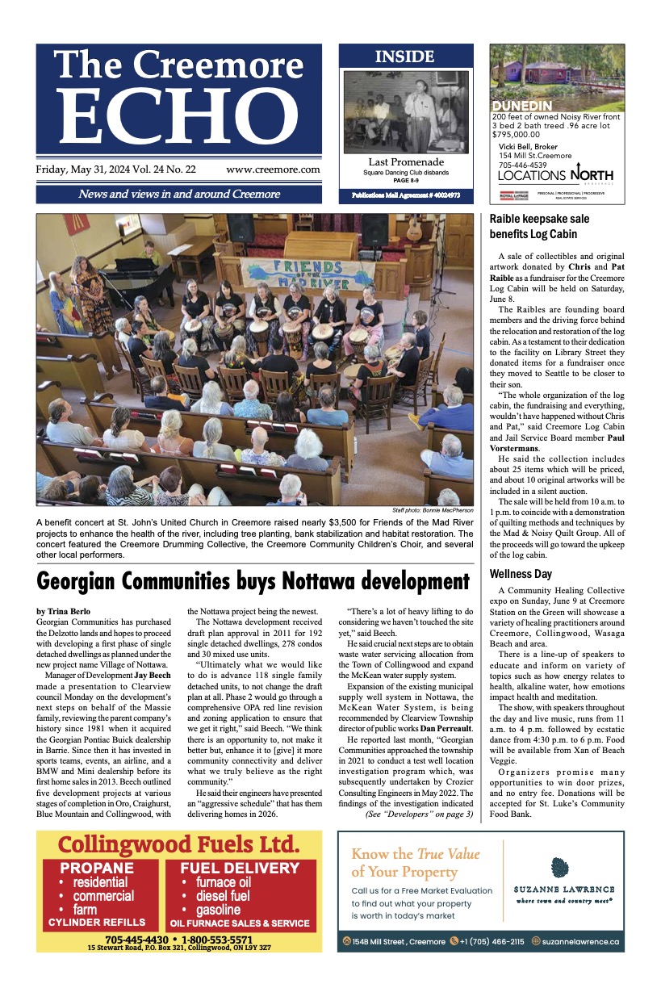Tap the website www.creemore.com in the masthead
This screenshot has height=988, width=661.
pos(273,170)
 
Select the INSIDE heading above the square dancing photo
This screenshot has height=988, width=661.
pos(404,57)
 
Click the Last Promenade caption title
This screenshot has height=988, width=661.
pos(406,161)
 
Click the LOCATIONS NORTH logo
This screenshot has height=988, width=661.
pos(555,175)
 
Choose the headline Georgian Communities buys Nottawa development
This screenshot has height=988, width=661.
pos(253,581)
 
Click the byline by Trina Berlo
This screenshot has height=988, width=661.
pos(64,611)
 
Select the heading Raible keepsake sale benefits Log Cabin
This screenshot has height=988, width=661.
pos(539,227)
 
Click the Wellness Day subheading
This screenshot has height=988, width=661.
pos(521,574)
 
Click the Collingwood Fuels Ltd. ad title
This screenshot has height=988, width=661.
pos(178,844)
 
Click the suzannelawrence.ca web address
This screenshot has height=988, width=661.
pos(580,941)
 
